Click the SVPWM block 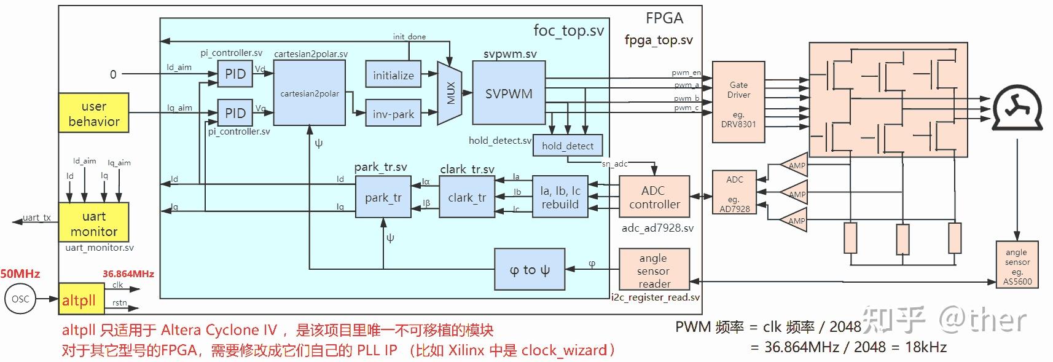(x=509, y=94)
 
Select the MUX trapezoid (x=450, y=93)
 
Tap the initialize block (x=393, y=75)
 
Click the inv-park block (x=393, y=114)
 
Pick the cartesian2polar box (x=309, y=93)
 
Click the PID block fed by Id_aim (x=235, y=74)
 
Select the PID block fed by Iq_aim (x=235, y=113)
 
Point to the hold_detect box (x=568, y=146)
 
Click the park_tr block (x=383, y=197)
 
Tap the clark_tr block (x=467, y=197)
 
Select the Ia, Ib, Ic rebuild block (x=560, y=197)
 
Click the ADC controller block (x=654, y=197)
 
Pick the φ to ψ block (x=530, y=269)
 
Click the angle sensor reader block (x=654, y=270)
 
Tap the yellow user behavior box (x=94, y=113)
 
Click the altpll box (x=79, y=300)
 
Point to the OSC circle (x=20, y=299)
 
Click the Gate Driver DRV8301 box (x=738, y=102)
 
